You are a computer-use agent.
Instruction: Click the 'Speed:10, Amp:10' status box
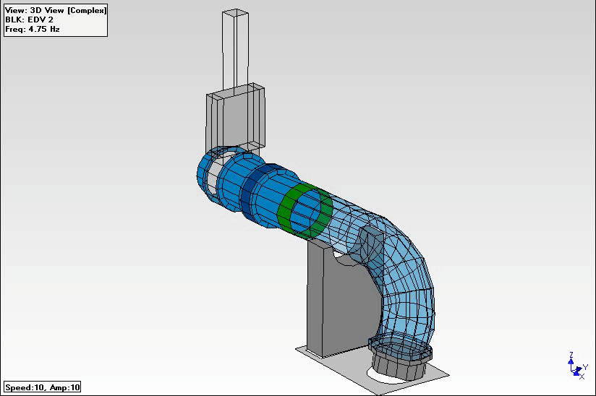[43, 387]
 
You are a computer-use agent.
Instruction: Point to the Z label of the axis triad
[571, 354]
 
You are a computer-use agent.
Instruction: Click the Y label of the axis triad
[584, 366]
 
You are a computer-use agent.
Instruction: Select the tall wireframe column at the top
[237, 47]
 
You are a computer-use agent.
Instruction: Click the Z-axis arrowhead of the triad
[571, 361]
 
